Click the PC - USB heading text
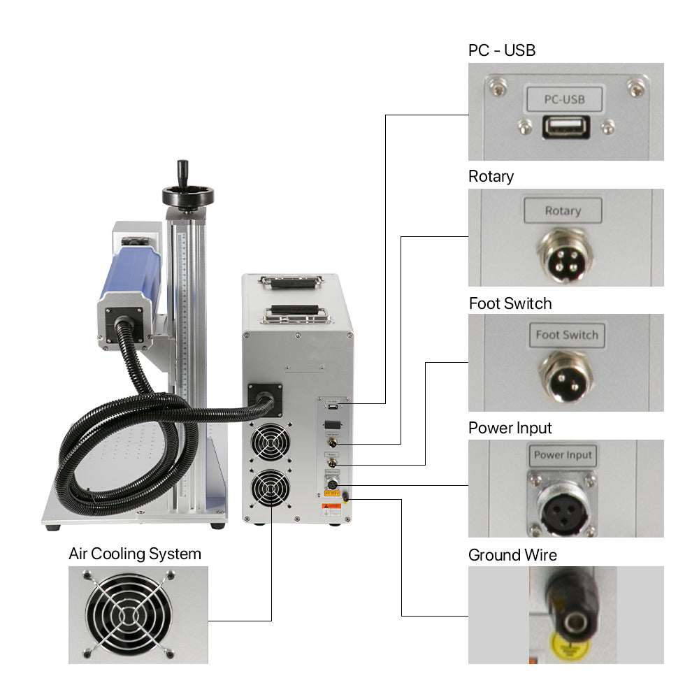[502, 50]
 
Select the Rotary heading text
[491, 176]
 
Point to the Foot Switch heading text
[510, 303]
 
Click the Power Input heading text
[510, 428]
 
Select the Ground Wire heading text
[512, 555]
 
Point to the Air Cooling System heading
[135, 554]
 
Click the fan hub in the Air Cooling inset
[128, 614]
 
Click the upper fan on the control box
[271, 442]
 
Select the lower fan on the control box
[271, 489]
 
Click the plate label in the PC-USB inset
[563, 99]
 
